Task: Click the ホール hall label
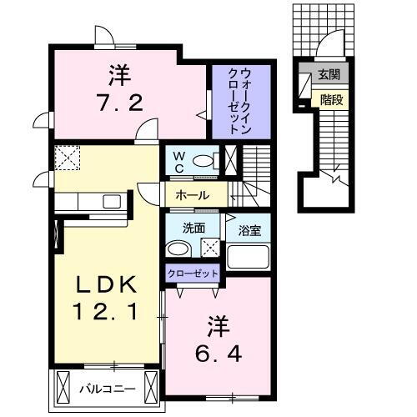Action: [193, 196]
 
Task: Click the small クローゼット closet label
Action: [193, 274]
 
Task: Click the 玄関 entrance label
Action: [328, 75]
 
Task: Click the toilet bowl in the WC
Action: [202, 159]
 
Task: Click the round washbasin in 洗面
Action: [175, 249]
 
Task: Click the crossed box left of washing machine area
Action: [211, 247]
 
